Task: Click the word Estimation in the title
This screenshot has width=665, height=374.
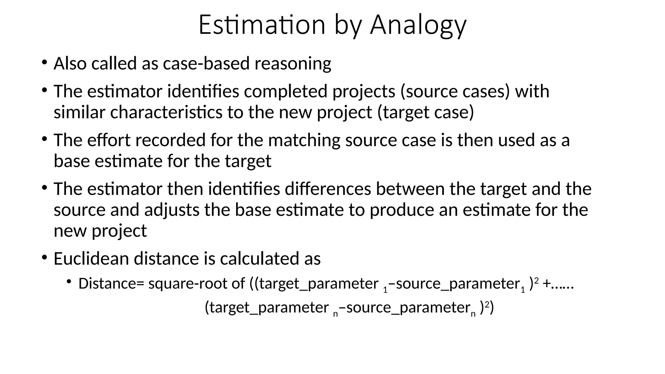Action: point(262,25)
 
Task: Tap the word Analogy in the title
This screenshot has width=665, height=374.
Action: point(418,25)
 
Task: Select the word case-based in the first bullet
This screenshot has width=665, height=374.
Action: point(206,63)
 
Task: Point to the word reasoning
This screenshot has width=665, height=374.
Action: point(293,64)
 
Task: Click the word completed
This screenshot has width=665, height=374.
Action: point(285,91)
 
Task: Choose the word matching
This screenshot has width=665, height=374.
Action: point(304,141)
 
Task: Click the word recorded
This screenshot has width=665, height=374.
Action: point(170,140)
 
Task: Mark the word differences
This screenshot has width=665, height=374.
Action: point(328,189)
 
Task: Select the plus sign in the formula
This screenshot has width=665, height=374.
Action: point(546,283)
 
